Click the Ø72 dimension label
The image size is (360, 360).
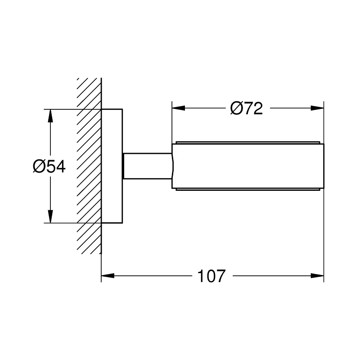246,108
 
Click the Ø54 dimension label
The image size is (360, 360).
49,166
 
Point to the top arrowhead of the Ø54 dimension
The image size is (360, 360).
49,115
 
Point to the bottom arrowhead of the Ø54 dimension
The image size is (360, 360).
49,216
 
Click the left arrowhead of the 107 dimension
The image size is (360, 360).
107,276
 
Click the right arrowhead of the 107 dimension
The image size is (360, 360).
318,276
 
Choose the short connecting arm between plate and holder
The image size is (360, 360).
146,166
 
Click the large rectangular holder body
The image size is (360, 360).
247,166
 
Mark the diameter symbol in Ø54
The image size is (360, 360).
38,166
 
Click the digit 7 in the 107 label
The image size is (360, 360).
219,276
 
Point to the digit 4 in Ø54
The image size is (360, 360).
60,166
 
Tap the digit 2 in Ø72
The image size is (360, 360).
257,108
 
